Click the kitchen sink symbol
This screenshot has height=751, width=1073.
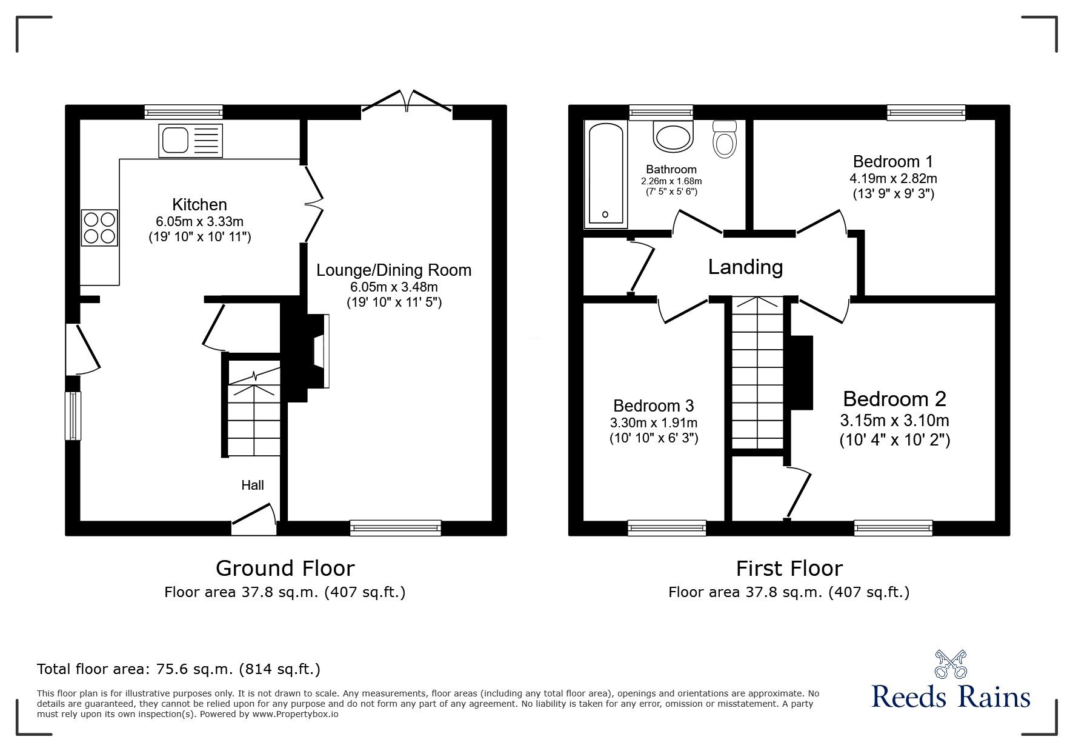[190, 141]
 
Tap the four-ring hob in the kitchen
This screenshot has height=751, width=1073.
[99, 227]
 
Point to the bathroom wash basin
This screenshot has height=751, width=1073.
[673, 136]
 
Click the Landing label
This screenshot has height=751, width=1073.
[745, 267]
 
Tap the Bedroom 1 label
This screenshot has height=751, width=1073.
[892, 161]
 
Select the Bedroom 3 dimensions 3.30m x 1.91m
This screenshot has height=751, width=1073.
[653, 422]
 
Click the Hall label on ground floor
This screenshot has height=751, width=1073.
[253, 485]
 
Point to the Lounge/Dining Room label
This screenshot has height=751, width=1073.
[394, 270]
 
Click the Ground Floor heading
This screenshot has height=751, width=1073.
[285, 568]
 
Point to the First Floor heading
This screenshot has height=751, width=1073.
[789, 568]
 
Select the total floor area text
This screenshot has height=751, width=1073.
[179, 669]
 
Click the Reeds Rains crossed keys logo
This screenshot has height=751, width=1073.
[951, 664]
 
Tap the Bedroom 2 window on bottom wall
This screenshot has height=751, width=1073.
[893, 529]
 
